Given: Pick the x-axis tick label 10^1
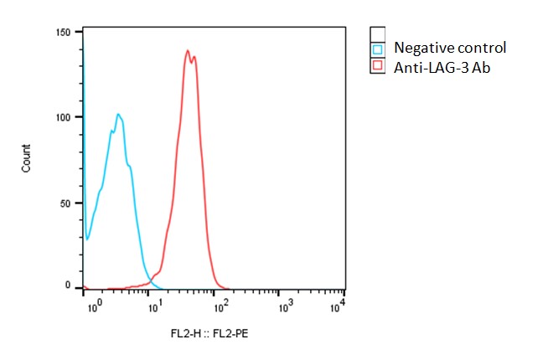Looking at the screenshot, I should [x=157, y=307].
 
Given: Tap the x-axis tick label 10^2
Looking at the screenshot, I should [x=221, y=307].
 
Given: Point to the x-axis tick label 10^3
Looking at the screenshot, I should [x=285, y=307].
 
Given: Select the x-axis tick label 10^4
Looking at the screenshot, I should [x=338, y=307].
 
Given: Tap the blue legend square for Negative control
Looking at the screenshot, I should [x=377, y=49].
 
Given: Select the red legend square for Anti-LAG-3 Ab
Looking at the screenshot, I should [x=377, y=64].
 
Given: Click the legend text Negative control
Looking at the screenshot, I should [x=450, y=49].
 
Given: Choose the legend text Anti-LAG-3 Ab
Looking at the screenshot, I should [x=442, y=67].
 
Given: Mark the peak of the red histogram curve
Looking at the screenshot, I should [x=188, y=50].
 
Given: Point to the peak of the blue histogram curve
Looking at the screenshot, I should [x=119, y=114].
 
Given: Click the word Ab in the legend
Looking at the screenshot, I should [x=480, y=67].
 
